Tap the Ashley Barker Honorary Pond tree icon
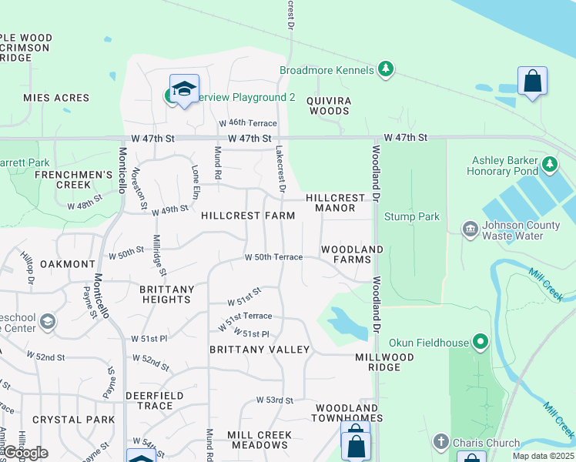pos(550,163)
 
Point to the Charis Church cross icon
pos(440,441)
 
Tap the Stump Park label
pos(412,216)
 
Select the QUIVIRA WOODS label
pos(329,105)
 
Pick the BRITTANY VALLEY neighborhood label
pos(260,350)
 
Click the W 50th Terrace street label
pos(273,257)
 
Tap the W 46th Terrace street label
pos(247,123)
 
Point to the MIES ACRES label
pos(56,98)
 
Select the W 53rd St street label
pos(275,400)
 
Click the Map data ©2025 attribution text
pos(543,456)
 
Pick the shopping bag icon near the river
pos(532,80)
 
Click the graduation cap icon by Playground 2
pos(184,89)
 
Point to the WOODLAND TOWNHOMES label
pos(346,413)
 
